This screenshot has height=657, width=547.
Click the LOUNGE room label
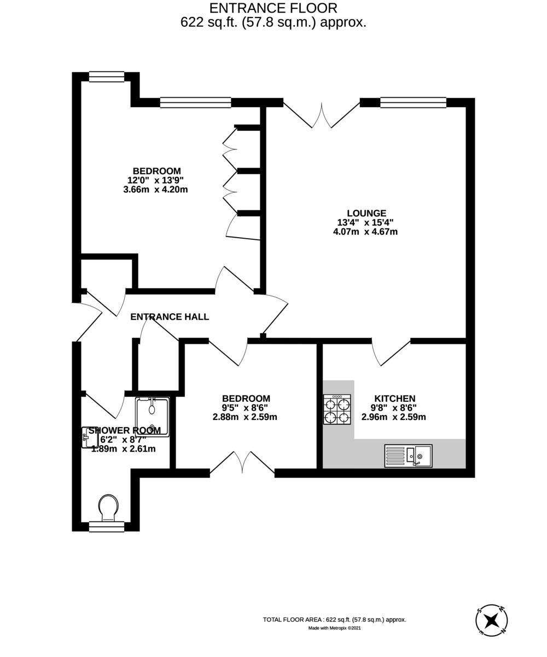(x=366, y=214)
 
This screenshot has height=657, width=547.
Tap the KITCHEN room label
(x=394, y=399)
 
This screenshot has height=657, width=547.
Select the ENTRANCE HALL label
(x=170, y=316)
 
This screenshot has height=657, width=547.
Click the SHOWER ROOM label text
(x=125, y=431)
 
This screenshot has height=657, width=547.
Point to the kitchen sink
(x=408, y=456)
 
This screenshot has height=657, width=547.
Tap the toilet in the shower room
(x=108, y=507)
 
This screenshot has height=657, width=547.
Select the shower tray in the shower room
(x=152, y=417)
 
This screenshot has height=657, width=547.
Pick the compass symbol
(x=491, y=620)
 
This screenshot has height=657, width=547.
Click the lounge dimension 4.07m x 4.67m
(x=365, y=232)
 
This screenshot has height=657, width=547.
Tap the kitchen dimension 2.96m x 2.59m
(x=394, y=417)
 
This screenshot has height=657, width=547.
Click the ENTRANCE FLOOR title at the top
(x=273, y=8)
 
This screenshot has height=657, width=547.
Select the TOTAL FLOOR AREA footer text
(x=334, y=619)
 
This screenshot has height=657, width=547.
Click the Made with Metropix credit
(x=334, y=628)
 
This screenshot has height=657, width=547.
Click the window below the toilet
(x=107, y=527)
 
